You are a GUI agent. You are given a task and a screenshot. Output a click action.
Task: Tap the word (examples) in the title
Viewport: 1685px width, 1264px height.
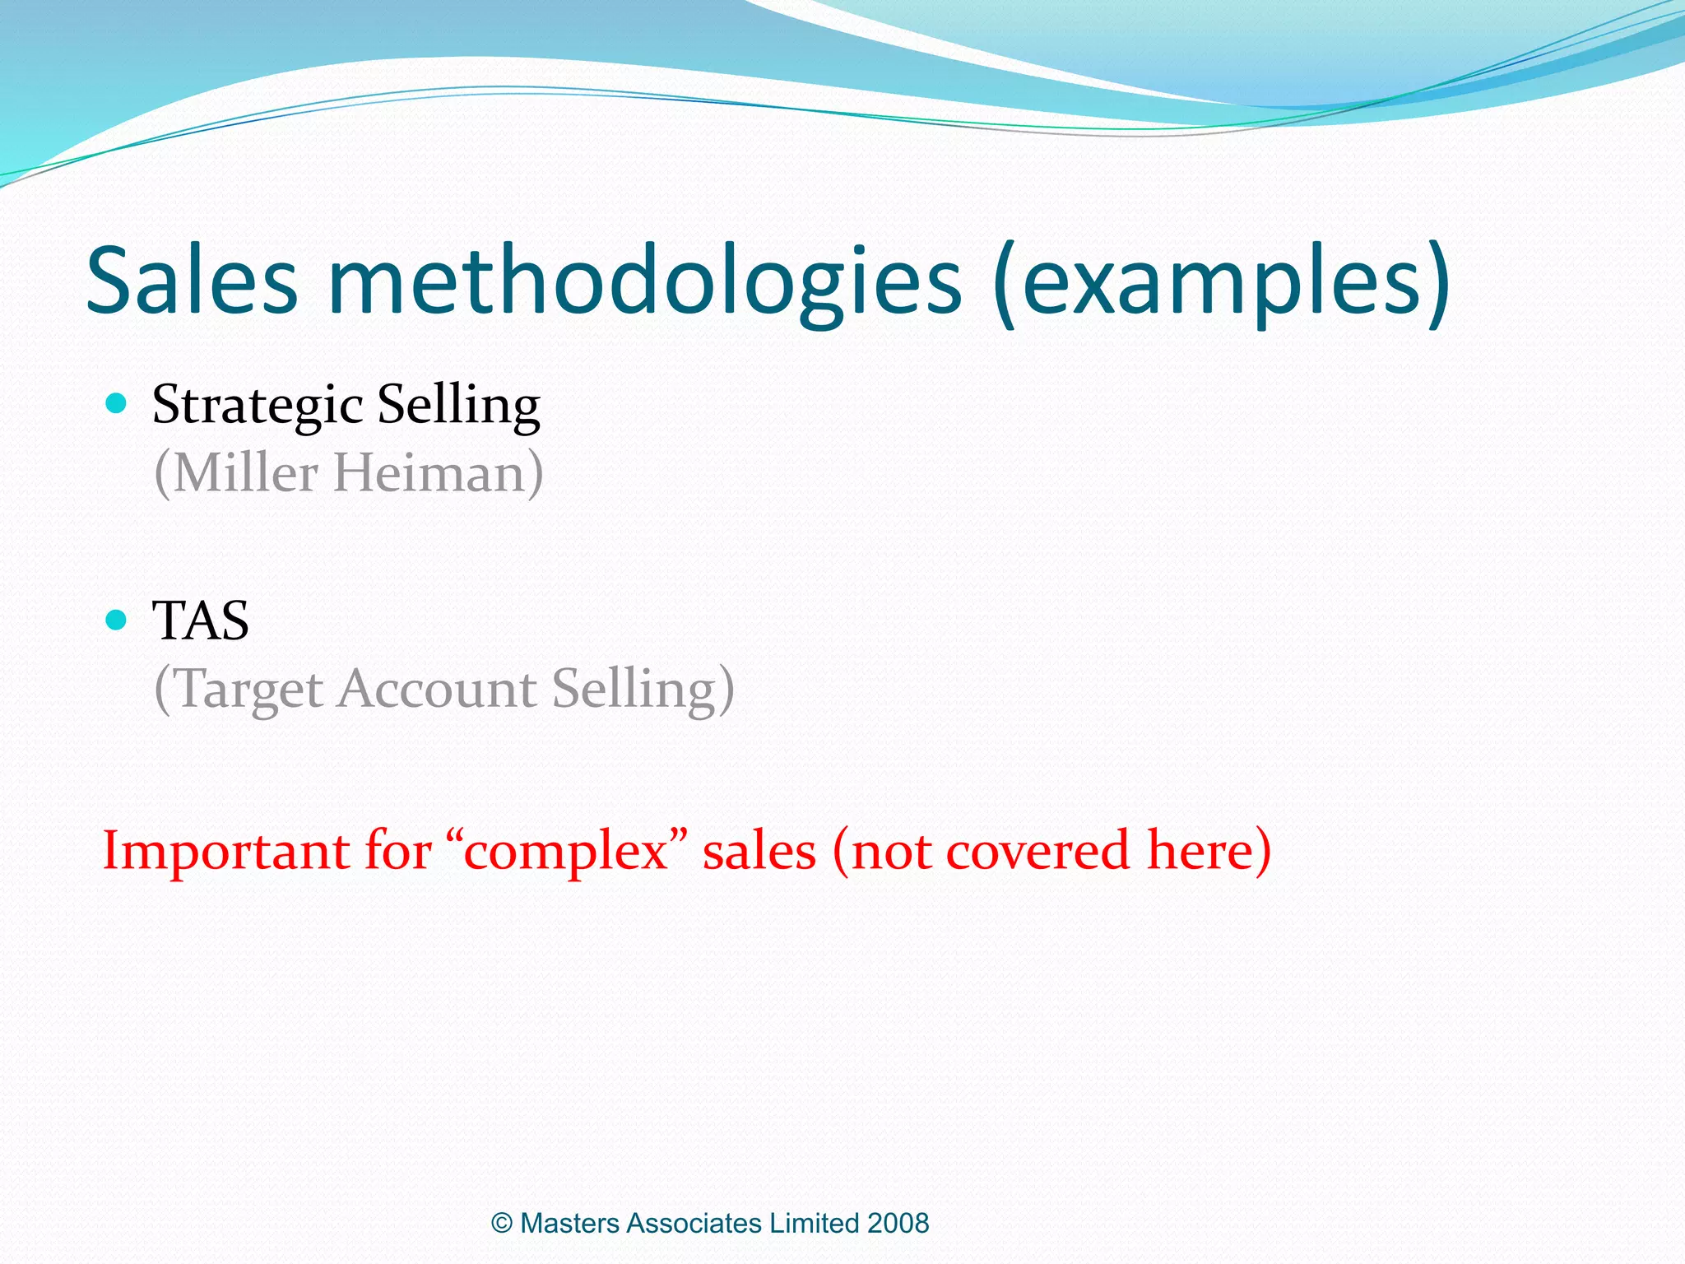tap(1221, 284)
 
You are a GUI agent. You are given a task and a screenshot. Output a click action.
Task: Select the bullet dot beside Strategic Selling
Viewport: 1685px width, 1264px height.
tap(117, 403)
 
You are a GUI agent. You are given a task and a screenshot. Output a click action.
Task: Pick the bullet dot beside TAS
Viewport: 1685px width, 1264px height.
tap(117, 619)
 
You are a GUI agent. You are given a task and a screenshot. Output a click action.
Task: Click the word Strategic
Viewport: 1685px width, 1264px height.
tap(258, 406)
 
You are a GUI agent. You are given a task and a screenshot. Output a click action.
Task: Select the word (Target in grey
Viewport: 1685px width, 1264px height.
tap(239, 690)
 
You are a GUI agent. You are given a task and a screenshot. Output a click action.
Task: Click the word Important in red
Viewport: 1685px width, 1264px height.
tap(225, 851)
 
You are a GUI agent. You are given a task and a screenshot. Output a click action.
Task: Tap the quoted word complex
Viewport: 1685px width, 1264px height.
tap(566, 853)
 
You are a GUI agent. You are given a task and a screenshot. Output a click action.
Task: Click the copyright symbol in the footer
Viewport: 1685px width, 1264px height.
tap(502, 1224)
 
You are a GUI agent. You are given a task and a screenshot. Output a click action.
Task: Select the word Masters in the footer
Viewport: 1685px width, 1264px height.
tap(570, 1224)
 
